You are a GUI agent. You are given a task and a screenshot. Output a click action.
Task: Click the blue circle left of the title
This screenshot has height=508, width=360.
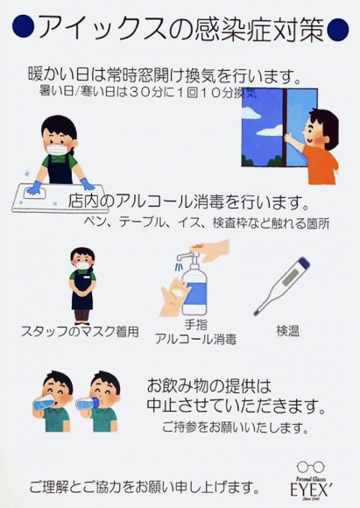(x=24, y=27)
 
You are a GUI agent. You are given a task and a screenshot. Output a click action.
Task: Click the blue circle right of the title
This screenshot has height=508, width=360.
(x=338, y=29)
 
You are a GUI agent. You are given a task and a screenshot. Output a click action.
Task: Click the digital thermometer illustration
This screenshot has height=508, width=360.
(x=282, y=286)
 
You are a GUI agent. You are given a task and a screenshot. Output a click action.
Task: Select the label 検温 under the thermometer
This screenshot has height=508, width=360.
(x=288, y=331)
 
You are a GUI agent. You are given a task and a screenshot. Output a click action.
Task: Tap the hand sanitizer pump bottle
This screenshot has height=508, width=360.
(x=194, y=286)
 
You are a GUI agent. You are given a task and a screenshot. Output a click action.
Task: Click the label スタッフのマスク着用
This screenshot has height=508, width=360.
(x=80, y=332)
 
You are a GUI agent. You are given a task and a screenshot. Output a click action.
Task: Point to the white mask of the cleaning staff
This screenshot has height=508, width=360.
(x=57, y=150)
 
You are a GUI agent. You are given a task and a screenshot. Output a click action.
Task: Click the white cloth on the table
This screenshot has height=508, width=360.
(x=35, y=193)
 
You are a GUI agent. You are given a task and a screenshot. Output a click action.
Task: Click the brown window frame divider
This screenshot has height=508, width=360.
(x=285, y=127)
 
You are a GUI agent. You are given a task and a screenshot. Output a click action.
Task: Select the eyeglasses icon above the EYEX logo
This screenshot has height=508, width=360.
(x=311, y=467)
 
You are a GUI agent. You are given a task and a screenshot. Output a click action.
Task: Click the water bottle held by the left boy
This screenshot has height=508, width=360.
(x=44, y=404)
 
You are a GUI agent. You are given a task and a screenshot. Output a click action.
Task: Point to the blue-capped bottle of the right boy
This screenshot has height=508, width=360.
(x=88, y=404)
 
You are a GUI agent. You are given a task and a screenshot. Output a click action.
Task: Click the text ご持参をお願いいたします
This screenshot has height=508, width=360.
(x=235, y=427)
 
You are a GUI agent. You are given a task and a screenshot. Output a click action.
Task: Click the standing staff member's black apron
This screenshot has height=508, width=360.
(x=82, y=295)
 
